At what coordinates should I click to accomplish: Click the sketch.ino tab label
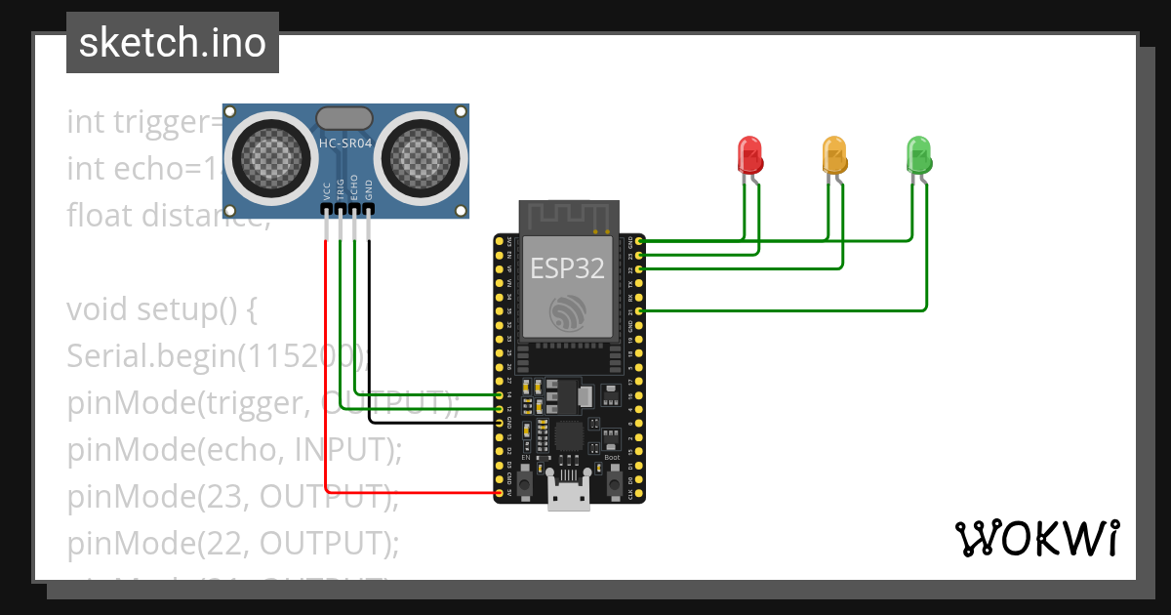172,43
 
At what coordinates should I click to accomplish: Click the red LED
748,154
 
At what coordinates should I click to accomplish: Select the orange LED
834,154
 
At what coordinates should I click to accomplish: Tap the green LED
919,154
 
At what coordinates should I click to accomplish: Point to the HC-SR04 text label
344,143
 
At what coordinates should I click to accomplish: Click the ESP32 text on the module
567,267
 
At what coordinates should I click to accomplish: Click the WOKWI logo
1036,538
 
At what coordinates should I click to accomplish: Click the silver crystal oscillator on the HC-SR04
344,118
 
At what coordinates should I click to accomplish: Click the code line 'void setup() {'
161,309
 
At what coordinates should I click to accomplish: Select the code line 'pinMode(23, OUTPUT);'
232,496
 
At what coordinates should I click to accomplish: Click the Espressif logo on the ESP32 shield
567,311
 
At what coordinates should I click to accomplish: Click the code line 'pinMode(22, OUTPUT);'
232,542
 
